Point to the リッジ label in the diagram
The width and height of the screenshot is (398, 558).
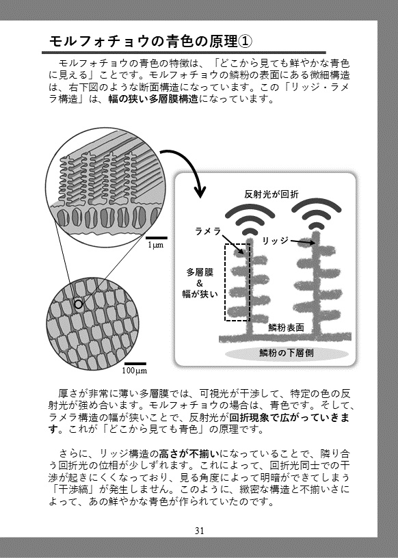pyautogui.click(x=275, y=241)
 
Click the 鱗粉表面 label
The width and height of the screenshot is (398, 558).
pyautogui.click(x=286, y=328)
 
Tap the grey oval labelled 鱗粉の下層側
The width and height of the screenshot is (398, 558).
pyautogui.click(x=286, y=353)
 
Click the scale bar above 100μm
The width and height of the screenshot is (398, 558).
pyautogui.click(x=135, y=364)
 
